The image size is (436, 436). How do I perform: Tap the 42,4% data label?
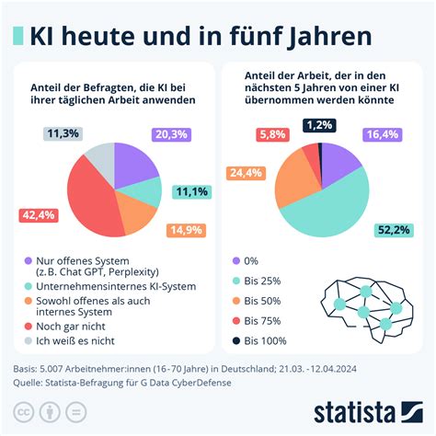pyautogui.click(x=40, y=215)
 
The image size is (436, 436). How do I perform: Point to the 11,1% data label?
pyautogui.click(x=192, y=191)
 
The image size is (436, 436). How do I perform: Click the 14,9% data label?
pyautogui.click(x=187, y=230)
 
